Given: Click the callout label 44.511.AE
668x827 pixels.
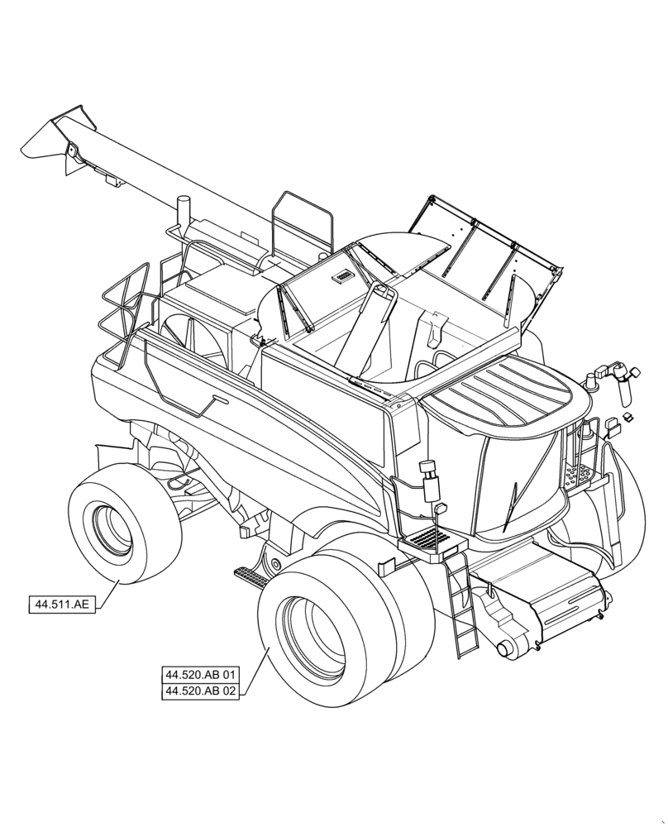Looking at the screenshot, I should (x=61, y=605).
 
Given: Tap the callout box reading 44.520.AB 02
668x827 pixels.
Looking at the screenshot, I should (x=201, y=691).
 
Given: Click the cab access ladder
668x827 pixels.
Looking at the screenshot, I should (x=458, y=604).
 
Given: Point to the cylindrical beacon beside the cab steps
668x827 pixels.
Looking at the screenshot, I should (x=428, y=479).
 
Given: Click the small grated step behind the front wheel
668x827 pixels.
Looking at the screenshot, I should (x=250, y=573).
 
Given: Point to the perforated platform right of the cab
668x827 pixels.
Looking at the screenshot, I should (x=579, y=475).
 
